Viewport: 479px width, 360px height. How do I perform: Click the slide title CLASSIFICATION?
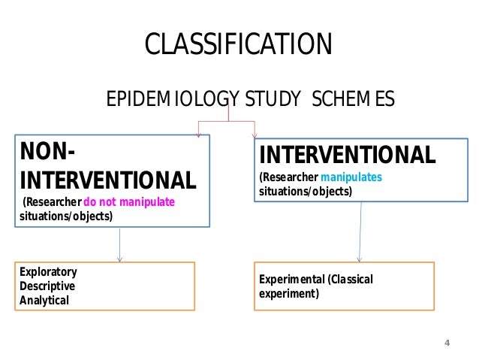tap(237, 44)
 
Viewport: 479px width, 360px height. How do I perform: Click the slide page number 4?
tap(447, 343)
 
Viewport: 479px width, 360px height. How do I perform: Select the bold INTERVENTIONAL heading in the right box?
tap(347, 156)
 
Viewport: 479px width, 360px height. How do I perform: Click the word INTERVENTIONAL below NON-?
tap(107, 180)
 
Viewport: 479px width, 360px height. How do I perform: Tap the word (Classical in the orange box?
tap(349, 280)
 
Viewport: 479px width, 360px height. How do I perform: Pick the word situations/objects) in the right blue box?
tap(305, 192)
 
